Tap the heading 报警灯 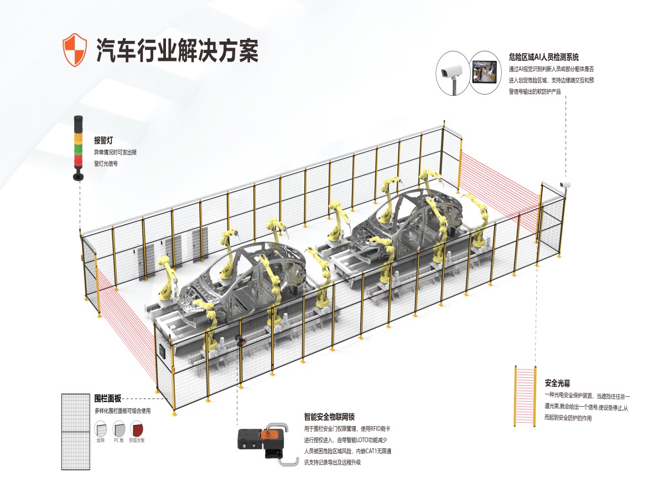(x=103, y=141)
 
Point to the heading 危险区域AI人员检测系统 (x=543, y=56)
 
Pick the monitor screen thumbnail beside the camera (x=485, y=71)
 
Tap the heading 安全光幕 (x=557, y=383)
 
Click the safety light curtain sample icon (x=526, y=396)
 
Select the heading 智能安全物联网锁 (x=333, y=417)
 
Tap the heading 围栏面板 (x=107, y=398)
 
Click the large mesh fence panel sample (x=76, y=432)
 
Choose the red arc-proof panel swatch (x=136, y=429)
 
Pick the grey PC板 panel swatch (x=119, y=429)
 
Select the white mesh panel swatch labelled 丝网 (x=101, y=429)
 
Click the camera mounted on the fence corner (x=564, y=184)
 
